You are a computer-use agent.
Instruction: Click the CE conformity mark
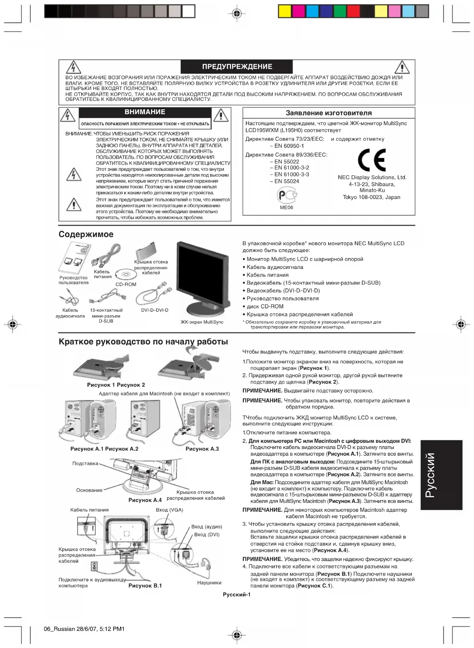[372, 160]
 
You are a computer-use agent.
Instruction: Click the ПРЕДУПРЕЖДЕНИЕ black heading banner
[237, 67]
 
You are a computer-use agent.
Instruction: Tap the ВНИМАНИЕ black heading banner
[145, 112]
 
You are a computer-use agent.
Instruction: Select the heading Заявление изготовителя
[329, 113]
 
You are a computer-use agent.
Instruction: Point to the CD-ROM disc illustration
[123, 275]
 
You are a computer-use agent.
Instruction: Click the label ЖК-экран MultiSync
[202, 322]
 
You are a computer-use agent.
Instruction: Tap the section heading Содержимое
[86, 234]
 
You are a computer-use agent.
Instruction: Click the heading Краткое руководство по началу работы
[143, 342]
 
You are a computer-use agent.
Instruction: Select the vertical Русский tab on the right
[441, 475]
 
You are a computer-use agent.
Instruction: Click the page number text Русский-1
[237, 595]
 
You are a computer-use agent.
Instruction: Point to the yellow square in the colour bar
[285, 11]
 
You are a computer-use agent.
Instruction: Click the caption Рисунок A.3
[202, 449]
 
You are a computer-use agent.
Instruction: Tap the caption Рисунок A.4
[145, 500]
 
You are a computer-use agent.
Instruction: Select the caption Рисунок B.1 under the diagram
[145, 586]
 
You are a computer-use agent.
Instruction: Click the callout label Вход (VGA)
[170, 510]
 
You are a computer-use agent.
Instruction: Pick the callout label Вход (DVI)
[206, 535]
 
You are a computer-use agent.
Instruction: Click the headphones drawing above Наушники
[205, 565]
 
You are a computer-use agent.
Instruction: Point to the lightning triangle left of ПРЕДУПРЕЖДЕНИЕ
[73, 68]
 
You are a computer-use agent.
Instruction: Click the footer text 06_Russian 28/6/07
[84, 629]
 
